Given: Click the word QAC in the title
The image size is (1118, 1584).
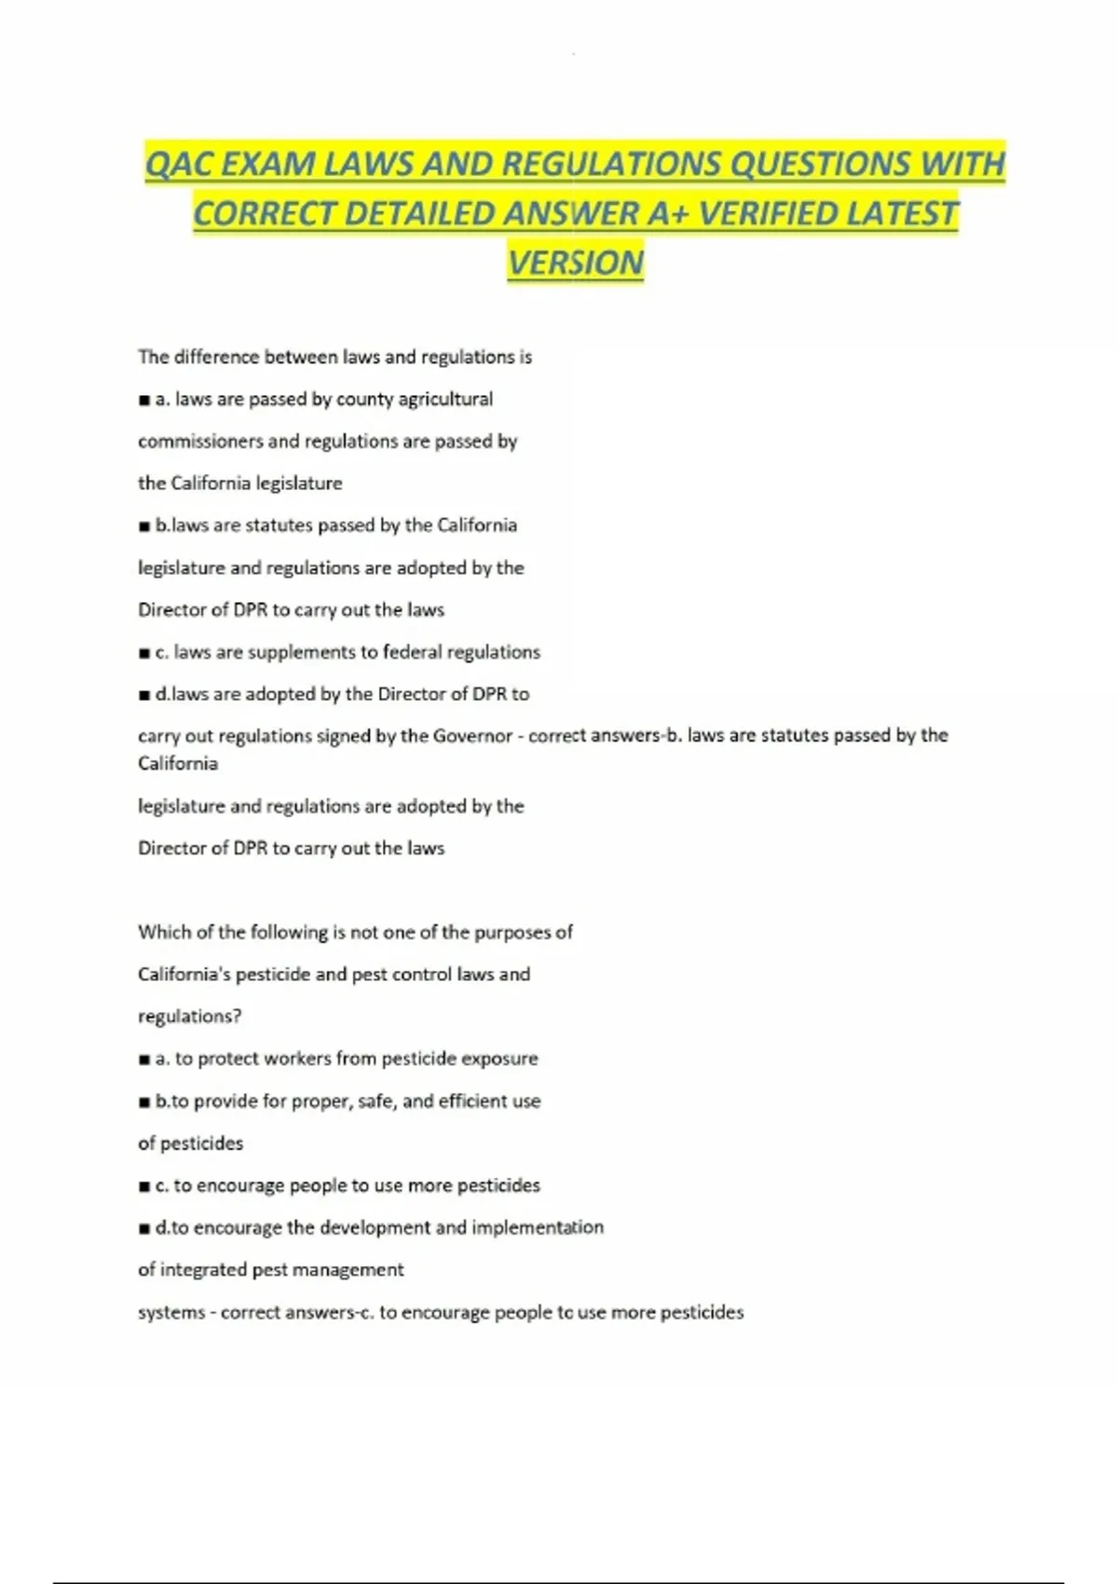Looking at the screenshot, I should coord(179,165).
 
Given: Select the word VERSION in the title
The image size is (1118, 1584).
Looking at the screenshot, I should coord(576,263).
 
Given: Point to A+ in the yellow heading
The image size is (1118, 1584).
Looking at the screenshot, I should coord(669,214).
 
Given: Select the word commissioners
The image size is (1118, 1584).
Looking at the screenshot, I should coord(199,441).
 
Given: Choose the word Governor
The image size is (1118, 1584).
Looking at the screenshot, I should coord(470,735).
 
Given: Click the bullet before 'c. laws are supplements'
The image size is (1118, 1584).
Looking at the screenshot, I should coord(144,653).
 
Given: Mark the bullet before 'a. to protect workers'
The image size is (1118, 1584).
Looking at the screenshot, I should coord(144,1059).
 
